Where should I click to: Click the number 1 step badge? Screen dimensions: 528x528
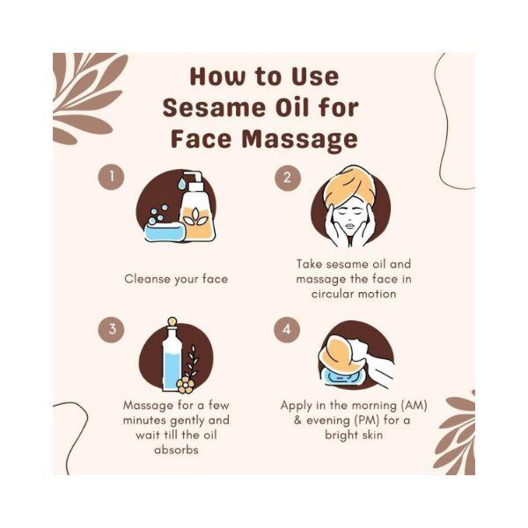(111, 178)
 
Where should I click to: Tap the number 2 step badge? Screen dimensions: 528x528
(288, 178)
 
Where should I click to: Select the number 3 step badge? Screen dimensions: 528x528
(111, 330)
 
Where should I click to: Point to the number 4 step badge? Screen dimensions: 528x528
(288, 331)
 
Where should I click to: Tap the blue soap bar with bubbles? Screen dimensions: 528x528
(164, 231)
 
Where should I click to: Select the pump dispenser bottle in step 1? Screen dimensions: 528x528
(195, 209)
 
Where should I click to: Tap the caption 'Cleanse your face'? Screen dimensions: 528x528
(176, 279)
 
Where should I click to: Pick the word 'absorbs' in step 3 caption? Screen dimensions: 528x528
(175, 449)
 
